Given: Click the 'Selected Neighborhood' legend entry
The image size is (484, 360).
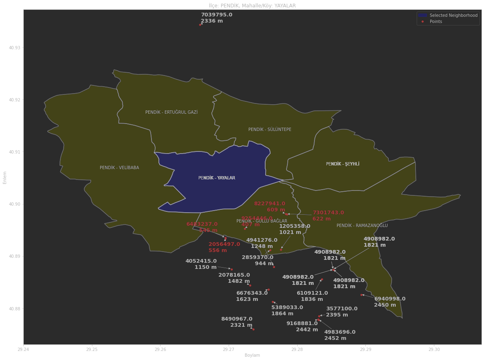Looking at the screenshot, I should (453, 15).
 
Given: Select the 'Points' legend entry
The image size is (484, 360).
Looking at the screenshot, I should (436, 21).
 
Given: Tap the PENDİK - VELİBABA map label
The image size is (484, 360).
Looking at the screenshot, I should (119, 168).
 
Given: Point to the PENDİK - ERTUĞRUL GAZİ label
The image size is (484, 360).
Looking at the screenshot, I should (171, 112).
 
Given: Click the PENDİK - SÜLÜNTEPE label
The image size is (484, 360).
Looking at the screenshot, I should (270, 130).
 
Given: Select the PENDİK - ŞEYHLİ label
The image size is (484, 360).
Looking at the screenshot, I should (342, 164).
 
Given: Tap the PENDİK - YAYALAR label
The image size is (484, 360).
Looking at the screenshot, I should (217, 178).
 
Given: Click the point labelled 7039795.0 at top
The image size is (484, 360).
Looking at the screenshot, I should (200, 25).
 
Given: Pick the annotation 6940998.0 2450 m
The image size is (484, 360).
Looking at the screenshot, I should (389, 302).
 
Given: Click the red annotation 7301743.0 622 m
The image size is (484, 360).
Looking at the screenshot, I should (328, 216).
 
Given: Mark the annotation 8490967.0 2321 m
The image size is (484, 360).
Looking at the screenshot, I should (237, 322).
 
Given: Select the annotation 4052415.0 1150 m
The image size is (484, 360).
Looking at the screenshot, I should (201, 264).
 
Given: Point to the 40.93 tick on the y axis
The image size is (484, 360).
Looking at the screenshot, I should (14, 48).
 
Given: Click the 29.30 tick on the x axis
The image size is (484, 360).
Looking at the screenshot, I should (434, 350).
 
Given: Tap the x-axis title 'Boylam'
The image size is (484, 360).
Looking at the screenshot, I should (252, 355).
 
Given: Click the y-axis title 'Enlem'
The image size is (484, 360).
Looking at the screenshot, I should (5, 177).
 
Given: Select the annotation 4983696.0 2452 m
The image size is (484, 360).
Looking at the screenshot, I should (339, 335).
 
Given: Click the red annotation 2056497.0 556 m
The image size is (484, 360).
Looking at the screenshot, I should (224, 247).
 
